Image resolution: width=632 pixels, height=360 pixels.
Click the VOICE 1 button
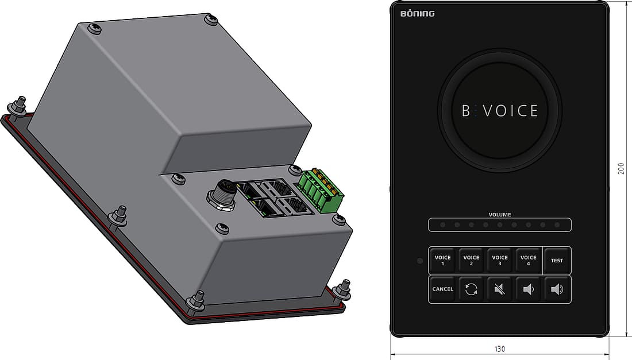442,261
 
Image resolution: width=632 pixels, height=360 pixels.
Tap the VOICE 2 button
471,261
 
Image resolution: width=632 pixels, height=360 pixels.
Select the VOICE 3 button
500,261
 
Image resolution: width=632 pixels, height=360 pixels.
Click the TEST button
557,261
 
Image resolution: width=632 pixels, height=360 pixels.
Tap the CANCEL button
442,289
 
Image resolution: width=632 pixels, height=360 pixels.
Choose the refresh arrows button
471,289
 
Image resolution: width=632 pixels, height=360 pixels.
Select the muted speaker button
500,289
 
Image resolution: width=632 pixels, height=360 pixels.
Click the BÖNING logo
418,14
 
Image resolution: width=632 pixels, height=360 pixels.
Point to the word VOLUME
500,215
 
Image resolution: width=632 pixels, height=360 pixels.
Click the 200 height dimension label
621,168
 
